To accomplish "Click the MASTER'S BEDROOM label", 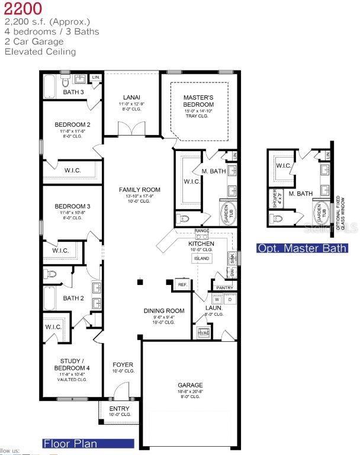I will tap(198, 101).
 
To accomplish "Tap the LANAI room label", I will tap(131, 97).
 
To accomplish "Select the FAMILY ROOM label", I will tap(140, 190).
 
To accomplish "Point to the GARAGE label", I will tap(190, 385).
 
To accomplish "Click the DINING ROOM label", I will tap(164, 310).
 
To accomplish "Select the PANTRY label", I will tap(224, 287).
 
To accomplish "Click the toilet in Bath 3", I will tap(66, 81).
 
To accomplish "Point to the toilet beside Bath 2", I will tap(52, 274).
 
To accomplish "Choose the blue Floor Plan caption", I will tap(70, 443).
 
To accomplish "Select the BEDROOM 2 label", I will tap(72, 124).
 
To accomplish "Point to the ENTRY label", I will tap(118, 409).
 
